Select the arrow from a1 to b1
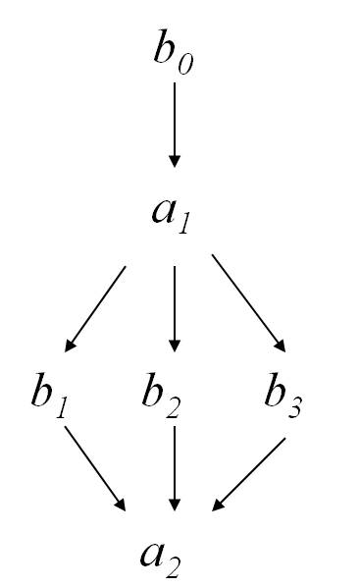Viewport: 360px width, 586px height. (x=96, y=307)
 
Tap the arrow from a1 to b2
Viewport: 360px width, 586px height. (x=175, y=307)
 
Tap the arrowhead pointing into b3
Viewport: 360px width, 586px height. (x=281, y=345)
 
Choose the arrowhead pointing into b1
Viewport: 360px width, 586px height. (x=70, y=346)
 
